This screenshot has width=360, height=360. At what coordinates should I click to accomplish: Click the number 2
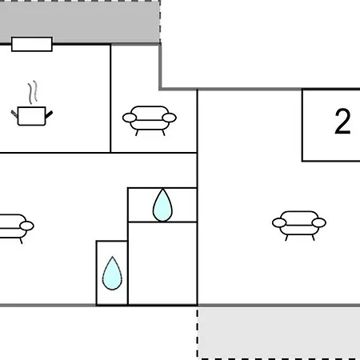342,121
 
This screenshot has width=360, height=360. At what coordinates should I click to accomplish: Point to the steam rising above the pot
33,92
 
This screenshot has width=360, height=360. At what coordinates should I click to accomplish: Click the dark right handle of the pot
49,114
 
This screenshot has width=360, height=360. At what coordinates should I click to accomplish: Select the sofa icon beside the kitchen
150,121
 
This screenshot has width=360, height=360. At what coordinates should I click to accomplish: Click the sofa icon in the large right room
299,226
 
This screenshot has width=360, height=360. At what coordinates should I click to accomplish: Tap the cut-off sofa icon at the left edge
17,229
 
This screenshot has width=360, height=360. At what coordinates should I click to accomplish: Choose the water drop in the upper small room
162,205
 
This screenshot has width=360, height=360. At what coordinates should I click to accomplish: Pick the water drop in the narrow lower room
112,274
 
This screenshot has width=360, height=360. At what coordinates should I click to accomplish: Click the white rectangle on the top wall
32,44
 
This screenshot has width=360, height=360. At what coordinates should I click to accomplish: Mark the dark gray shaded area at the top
80,22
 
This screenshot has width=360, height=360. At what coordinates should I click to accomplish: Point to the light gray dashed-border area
279,333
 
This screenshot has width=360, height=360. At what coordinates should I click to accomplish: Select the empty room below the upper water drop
162,263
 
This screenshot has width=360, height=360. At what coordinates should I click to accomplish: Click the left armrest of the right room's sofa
279,222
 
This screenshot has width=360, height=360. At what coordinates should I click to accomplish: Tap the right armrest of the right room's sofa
319,222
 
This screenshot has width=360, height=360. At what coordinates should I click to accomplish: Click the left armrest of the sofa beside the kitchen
130,118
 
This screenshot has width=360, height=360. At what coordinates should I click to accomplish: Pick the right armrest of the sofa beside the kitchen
170,118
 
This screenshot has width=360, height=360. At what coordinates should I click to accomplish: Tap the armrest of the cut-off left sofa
26,226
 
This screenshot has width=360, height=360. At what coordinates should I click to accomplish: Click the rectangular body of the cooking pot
32,116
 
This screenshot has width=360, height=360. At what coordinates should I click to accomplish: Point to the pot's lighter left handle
14,114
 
